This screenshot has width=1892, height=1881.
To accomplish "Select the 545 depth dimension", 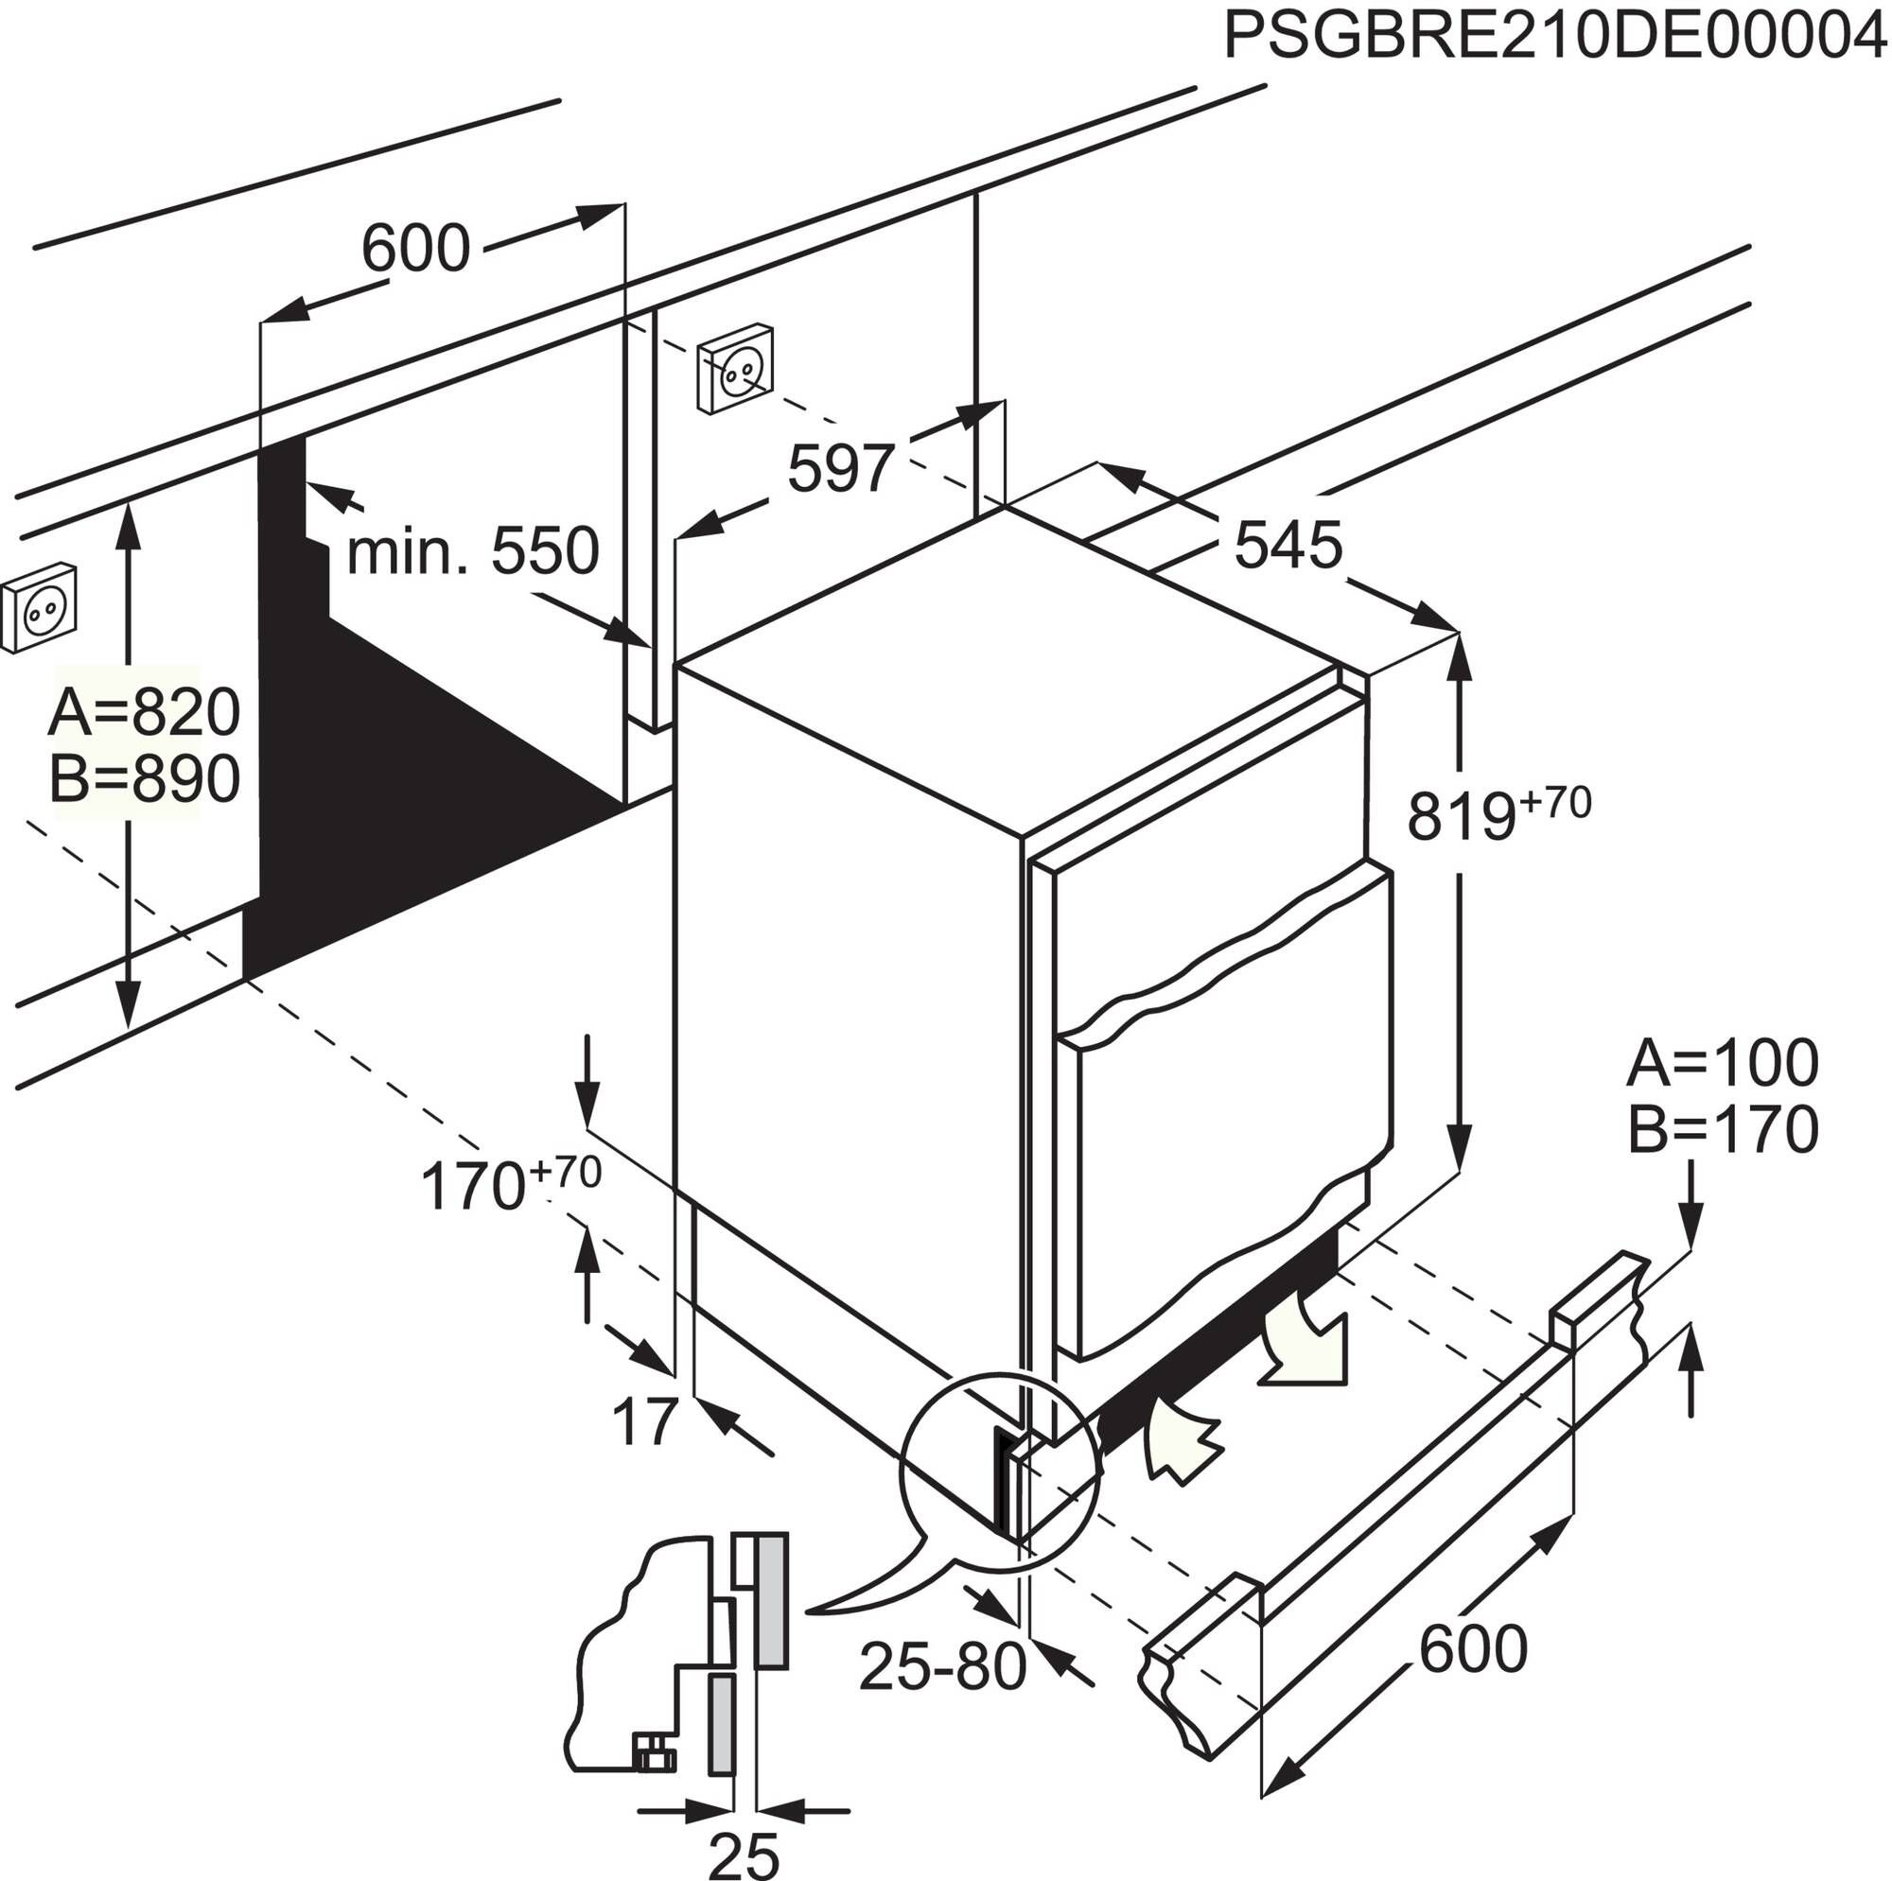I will tap(1287, 546).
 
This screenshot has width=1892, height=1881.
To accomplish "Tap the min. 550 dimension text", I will tap(472, 551).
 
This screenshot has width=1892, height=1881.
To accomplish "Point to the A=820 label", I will tap(143, 712).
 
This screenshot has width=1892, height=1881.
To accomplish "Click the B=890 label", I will tap(143, 779).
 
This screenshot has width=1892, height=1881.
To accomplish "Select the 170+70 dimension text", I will tap(509, 1185).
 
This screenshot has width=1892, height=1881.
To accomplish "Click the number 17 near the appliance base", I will tap(645, 1420).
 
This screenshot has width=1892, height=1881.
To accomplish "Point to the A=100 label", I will tap(1723, 1063).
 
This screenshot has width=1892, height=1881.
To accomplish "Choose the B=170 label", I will tap(1723, 1129).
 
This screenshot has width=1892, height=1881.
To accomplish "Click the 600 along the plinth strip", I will tap(1473, 1649).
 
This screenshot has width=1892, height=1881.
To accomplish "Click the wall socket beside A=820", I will tap(39, 607).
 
